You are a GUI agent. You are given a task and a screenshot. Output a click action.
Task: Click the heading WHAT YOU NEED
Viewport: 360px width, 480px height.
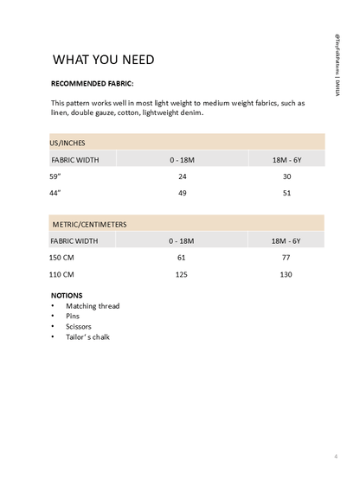click(104, 60)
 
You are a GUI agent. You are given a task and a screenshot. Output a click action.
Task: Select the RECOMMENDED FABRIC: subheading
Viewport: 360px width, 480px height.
click(93, 84)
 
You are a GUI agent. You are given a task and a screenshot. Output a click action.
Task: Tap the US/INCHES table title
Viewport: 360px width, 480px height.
click(67, 142)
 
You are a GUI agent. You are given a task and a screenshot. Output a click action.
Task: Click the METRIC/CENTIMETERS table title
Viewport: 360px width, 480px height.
click(88, 224)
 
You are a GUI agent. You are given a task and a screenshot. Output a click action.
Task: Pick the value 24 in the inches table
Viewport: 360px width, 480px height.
click(183, 176)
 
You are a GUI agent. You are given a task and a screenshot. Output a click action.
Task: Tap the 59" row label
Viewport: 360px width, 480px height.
click(56, 176)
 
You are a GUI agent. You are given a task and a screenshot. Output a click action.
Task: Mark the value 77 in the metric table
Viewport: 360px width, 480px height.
click(286, 258)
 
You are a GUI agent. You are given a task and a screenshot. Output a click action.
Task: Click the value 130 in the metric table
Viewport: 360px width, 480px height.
click(286, 274)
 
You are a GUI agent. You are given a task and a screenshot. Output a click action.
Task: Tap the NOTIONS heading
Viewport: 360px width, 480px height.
click(67, 295)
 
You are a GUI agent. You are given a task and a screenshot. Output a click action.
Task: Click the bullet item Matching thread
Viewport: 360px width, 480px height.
click(93, 306)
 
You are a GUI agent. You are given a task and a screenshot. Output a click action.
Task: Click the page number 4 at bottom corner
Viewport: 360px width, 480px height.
click(335, 456)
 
